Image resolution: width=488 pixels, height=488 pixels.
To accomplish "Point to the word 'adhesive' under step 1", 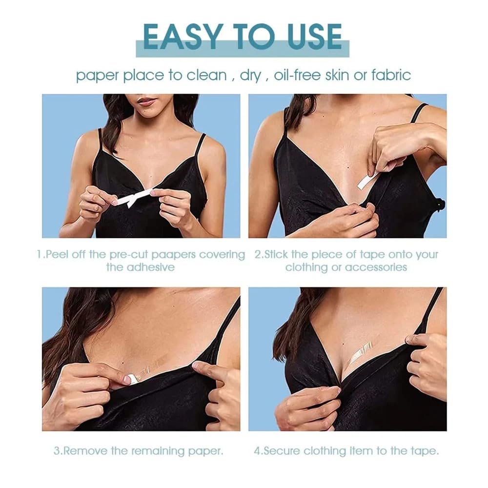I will (151, 267).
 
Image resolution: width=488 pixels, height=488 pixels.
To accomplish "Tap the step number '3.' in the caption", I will (58, 451).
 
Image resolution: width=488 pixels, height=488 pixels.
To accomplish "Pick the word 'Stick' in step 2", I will (278, 255).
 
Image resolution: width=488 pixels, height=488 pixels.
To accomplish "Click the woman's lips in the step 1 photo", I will (146, 102).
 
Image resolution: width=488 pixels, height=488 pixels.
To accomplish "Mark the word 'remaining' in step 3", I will (160, 451).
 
